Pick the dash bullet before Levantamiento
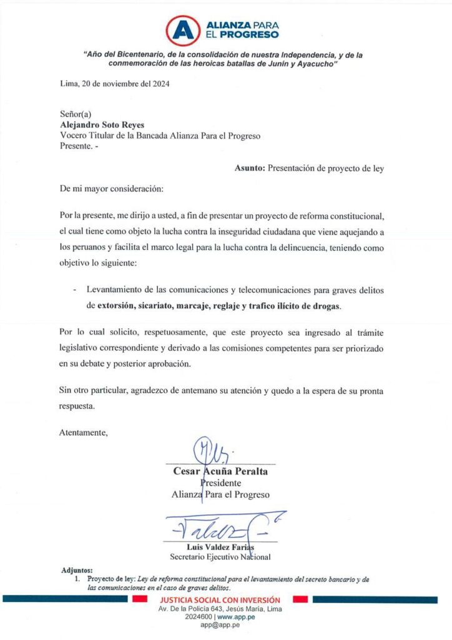(x=76, y=291)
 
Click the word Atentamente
(x=83, y=432)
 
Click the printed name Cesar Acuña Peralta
(x=220, y=471)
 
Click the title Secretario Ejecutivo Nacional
(x=220, y=557)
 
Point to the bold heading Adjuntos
(x=77, y=571)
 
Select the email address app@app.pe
(x=220, y=624)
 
